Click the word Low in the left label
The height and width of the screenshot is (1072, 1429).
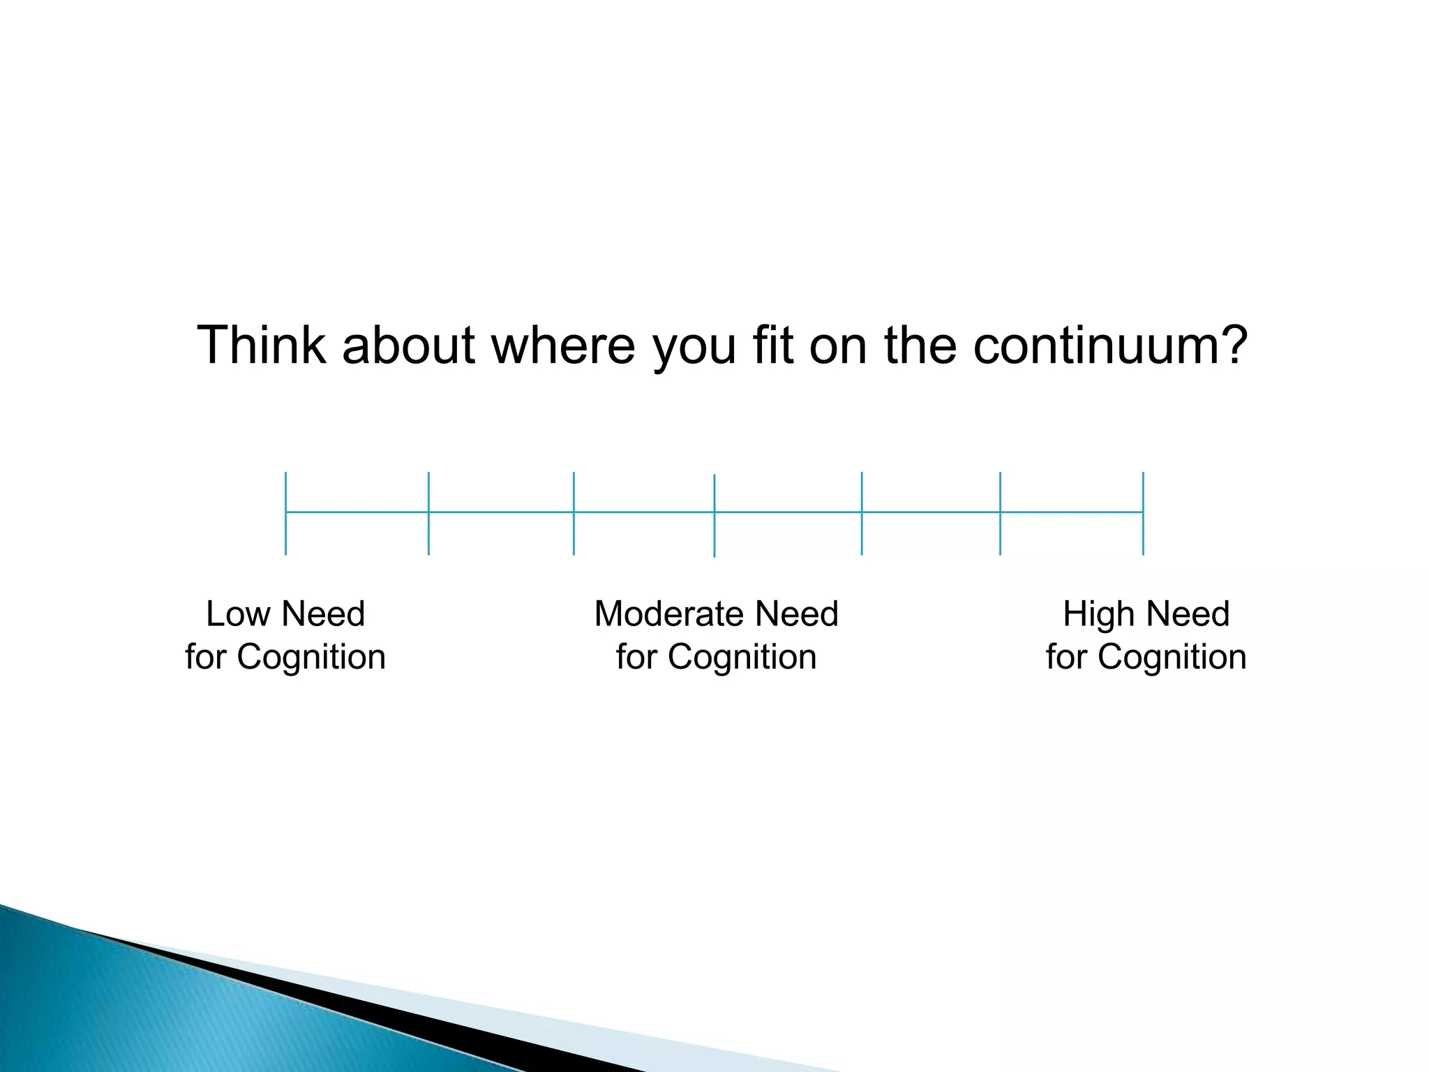[237, 614]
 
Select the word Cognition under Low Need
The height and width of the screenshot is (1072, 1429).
[311, 657]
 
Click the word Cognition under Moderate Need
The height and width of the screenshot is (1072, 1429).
[742, 657]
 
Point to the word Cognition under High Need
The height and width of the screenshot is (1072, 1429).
[1172, 657]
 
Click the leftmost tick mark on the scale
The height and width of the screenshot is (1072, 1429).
[285, 513]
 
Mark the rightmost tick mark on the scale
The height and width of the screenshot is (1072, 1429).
[1143, 513]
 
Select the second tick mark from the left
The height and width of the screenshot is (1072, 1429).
[428, 513]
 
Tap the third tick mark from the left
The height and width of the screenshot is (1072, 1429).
[574, 513]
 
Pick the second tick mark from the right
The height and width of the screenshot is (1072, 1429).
[1000, 513]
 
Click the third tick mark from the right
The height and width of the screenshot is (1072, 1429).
[862, 513]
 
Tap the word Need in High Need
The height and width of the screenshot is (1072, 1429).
[1188, 614]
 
